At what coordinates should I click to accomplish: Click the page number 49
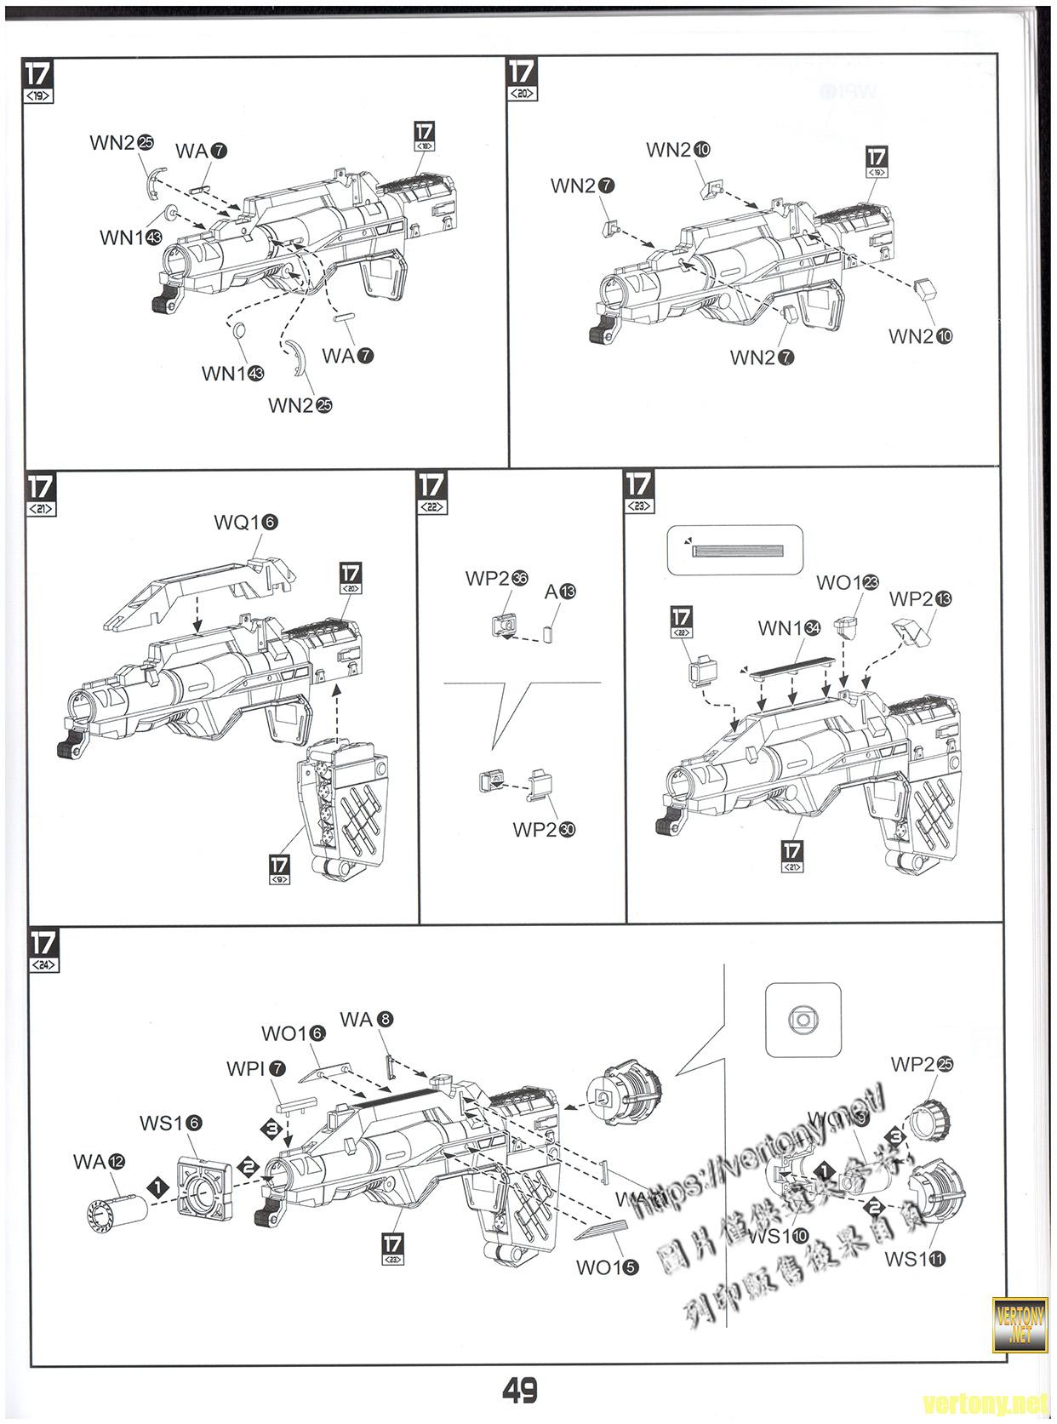(x=519, y=1390)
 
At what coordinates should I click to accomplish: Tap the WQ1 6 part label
(x=245, y=523)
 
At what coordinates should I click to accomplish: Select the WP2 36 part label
(x=496, y=579)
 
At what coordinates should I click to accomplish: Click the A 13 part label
(x=560, y=591)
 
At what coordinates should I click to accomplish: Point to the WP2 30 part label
(x=544, y=829)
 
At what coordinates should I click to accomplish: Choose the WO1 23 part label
(x=847, y=583)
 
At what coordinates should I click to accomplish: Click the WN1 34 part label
(x=789, y=628)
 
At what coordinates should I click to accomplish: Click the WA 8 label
(x=366, y=1020)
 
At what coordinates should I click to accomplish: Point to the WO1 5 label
(x=606, y=1267)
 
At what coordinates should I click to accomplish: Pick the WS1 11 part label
(x=915, y=1259)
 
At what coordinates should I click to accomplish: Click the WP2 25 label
(x=922, y=1064)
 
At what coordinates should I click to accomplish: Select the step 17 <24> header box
(x=43, y=950)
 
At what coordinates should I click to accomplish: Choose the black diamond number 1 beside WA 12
(x=157, y=1184)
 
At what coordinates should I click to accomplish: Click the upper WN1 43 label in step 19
(x=130, y=237)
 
